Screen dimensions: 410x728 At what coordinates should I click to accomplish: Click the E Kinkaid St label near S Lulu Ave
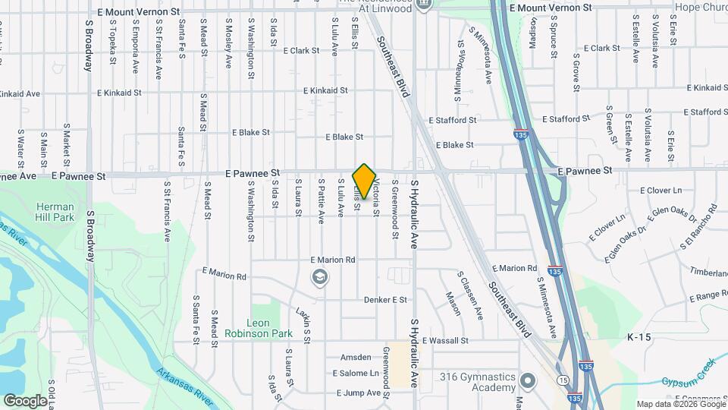pos(325,90)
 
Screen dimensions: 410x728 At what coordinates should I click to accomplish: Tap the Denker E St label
pos(385,300)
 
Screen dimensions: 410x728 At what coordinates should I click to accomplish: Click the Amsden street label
pos(355,357)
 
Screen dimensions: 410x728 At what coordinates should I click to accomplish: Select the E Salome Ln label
pos(356,374)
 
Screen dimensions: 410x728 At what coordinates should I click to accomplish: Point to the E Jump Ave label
pos(358,393)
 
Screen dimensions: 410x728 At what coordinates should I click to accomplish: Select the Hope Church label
pos(701,6)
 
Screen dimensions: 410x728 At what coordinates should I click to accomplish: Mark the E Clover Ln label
pos(661,190)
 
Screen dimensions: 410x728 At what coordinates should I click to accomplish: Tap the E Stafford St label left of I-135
pos(452,120)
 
